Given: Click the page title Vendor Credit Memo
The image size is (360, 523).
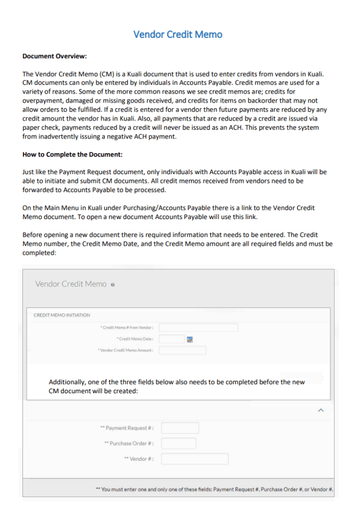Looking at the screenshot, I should [x=178, y=35].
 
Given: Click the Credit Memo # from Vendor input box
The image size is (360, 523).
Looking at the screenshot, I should [x=199, y=327].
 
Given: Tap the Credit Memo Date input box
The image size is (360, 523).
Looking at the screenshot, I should [x=172, y=339].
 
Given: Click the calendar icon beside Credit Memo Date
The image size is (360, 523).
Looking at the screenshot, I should [x=190, y=339].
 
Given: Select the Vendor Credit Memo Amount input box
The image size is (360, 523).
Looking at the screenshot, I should [x=183, y=350].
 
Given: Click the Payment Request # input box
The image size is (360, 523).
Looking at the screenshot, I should [x=180, y=428].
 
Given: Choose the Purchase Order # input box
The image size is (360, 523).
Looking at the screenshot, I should [x=178, y=443].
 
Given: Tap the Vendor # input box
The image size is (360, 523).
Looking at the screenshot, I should [x=195, y=459].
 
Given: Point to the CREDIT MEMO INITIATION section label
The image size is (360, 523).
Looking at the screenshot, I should [x=62, y=315].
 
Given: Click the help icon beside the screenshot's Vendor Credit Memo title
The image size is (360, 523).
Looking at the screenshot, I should [x=112, y=284].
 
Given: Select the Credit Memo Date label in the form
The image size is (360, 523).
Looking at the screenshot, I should [x=136, y=339].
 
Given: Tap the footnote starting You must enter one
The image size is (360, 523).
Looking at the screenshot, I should [x=214, y=489].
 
